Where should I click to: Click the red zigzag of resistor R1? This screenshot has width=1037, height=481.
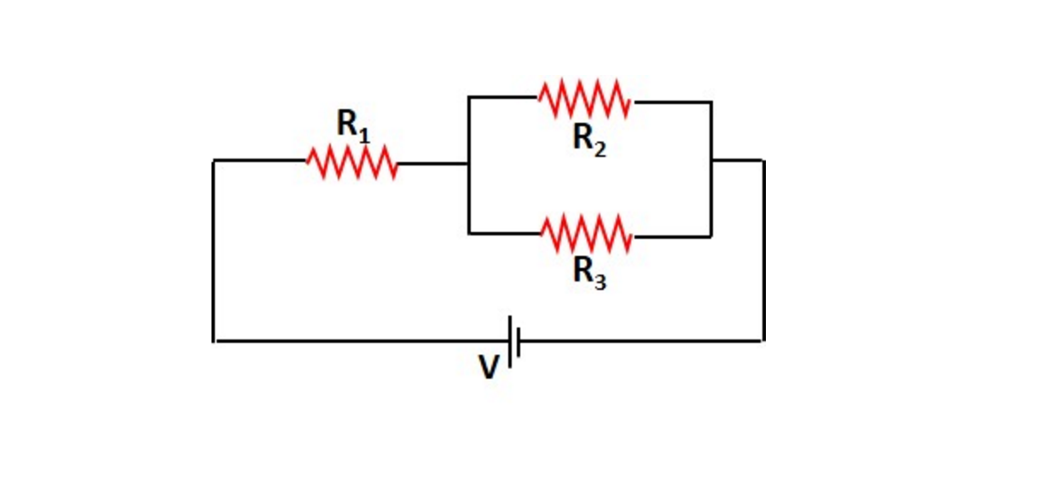click(x=351, y=162)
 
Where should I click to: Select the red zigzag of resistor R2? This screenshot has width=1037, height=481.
click(x=585, y=100)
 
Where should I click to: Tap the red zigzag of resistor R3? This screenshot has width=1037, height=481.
click(x=587, y=235)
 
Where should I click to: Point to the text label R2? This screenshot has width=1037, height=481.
click(x=589, y=138)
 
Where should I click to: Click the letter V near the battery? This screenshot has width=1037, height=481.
click(x=488, y=367)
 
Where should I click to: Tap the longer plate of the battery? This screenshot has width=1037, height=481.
click(x=510, y=341)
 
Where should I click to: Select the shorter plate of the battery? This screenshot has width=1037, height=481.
click(x=519, y=341)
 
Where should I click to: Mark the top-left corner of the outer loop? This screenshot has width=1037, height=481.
click(x=214, y=160)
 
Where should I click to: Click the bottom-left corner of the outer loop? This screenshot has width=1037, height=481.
click(x=214, y=341)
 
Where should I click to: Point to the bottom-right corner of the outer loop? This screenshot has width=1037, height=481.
click(x=762, y=340)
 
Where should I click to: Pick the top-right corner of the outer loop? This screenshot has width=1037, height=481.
click(x=762, y=160)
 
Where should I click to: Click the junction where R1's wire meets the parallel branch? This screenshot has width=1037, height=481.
click(x=468, y=163)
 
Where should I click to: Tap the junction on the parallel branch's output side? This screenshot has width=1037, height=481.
click(x=711, y=160)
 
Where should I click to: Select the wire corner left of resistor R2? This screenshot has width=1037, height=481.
click(x=468, y=97)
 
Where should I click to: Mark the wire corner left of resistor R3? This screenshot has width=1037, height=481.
click(x=468, y=233)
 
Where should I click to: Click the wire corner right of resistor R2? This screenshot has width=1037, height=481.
click(x=711, y=102)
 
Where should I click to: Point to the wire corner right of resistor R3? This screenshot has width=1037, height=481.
click(x=711, y=236)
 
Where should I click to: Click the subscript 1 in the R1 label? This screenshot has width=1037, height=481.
click(x=364, y=134)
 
